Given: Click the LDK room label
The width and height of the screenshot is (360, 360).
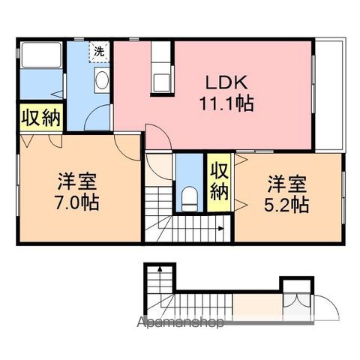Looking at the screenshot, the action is pos(226,82).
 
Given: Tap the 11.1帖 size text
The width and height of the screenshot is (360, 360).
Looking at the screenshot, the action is pos(226,103).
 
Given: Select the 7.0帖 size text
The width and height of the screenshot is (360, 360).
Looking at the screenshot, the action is pos(77,202).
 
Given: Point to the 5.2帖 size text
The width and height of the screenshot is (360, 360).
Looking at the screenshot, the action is pos(286,205).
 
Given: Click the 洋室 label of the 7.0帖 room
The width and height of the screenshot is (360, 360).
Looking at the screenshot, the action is pos(77,181).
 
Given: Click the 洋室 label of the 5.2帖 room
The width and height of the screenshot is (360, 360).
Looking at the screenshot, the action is pos(287,184).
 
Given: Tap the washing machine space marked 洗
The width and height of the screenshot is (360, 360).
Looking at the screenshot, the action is pos(99,52).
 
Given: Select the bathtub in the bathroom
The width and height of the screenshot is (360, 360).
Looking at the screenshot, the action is pos(41,55).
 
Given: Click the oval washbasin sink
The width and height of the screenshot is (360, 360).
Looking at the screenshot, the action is pos(102,79).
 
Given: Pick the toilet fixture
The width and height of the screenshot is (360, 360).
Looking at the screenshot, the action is pos(190,199).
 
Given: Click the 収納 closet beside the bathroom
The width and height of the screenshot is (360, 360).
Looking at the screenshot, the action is pos(41,118).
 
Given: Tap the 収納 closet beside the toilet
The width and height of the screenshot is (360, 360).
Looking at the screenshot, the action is pos(219,182).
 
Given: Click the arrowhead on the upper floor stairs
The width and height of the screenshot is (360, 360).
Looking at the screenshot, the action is pos(221,228).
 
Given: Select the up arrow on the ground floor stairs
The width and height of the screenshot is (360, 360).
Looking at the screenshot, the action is pos(160,269).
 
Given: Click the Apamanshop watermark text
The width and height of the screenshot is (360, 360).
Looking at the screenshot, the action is pos(180,322).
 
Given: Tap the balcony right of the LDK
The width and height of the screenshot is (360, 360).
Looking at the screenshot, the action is pos(330,94).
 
